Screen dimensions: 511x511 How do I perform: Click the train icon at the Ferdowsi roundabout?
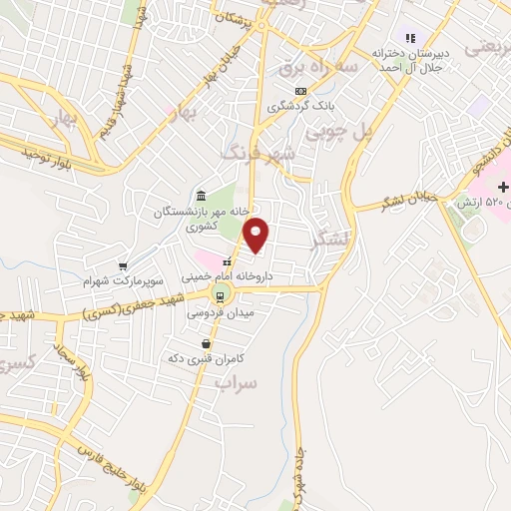[x=220, y=294]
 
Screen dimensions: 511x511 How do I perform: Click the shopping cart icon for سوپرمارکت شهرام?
[x=123, y=266]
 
